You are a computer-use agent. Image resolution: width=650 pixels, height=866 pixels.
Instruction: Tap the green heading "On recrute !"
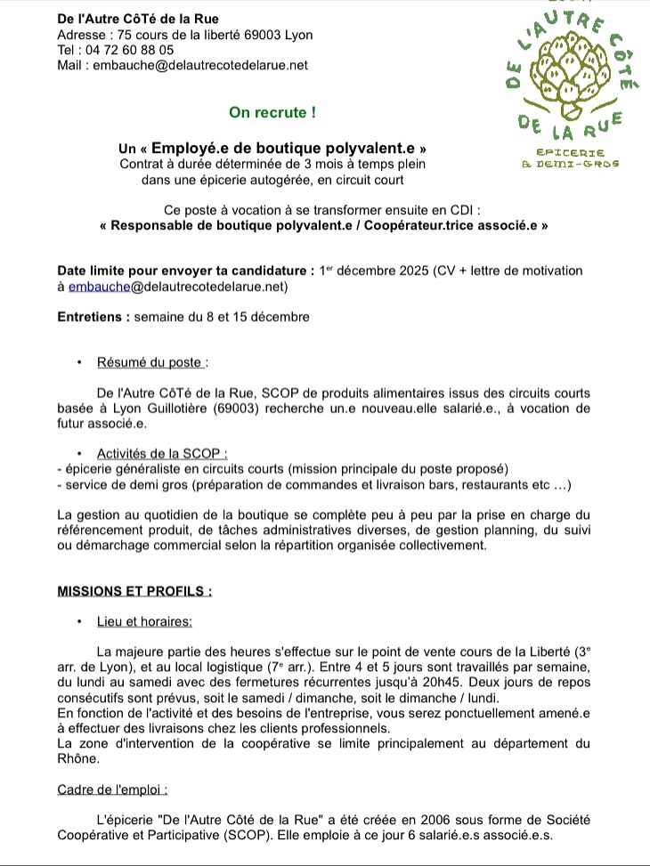point(272,113)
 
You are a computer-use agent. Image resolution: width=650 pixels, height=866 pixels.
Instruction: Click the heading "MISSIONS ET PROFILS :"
point(134,591)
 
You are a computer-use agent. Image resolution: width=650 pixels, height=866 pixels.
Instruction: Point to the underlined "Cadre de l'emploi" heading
point(113,789)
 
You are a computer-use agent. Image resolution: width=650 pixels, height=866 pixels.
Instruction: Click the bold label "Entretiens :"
point(93,317)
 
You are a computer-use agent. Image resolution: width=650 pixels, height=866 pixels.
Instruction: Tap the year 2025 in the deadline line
point(415,271)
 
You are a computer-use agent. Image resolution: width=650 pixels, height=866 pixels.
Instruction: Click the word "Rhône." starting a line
point(77,758)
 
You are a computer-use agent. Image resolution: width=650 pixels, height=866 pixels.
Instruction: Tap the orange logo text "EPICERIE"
point(573,154)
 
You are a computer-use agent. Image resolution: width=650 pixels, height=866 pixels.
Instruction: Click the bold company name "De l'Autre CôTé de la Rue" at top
point(138,19)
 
